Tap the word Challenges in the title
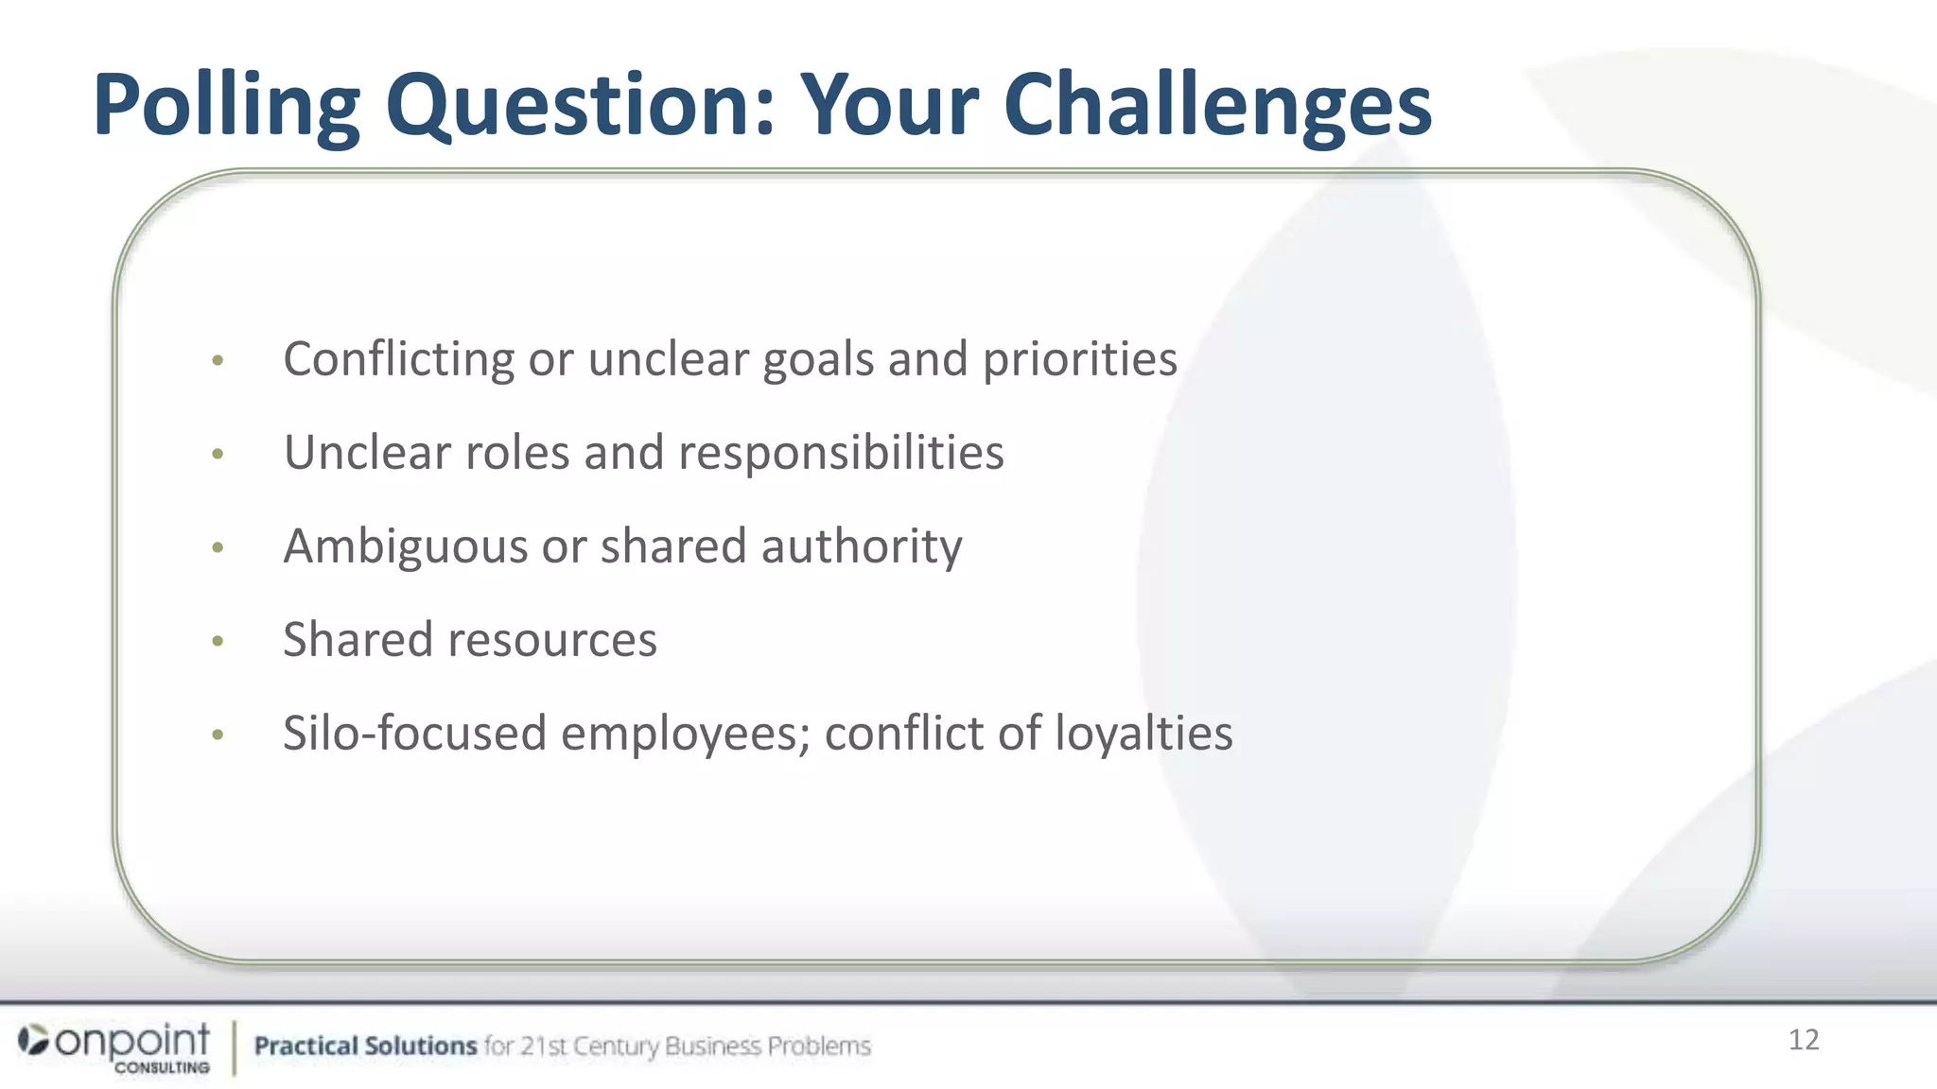click(x=1217, y=106)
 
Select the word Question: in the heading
click(x=580, y=106)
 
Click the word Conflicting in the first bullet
click(x=398, y=359)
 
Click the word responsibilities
click(x=841, y=453)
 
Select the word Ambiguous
click(x=405, y=546)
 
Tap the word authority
click(x=862, y=546)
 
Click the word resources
click(x=552, y=640)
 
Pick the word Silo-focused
click(x=414, y=734)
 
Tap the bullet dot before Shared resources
click(x=218, y=642)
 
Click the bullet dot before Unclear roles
click(x=218, y=455)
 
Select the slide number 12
click(x=1803, y=1040)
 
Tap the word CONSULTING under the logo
click(x=162, y=1067)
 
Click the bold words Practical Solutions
click(x=365, y=1046)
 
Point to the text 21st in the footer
click(x=544, y=1046)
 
